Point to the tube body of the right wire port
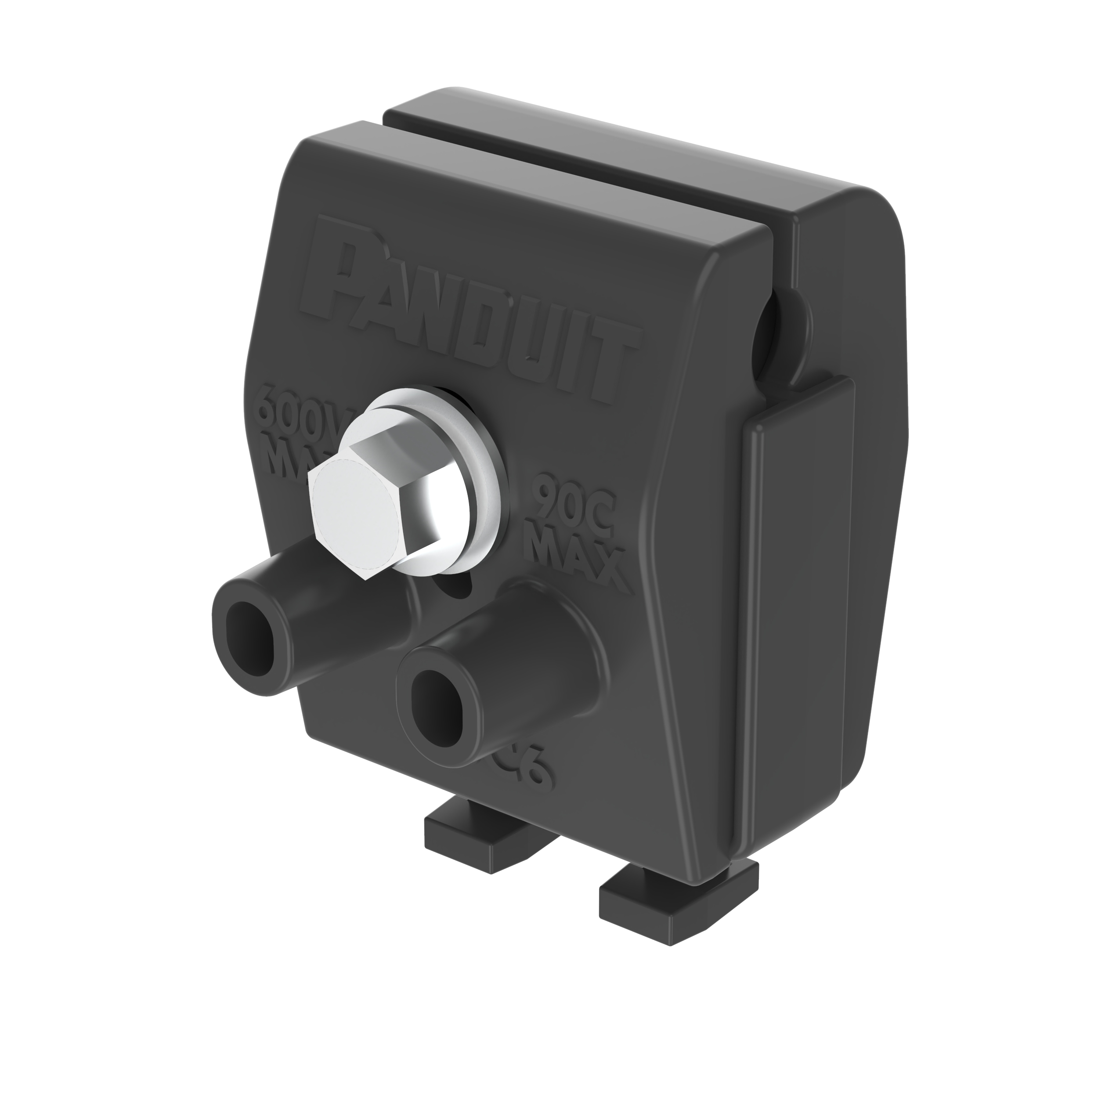512,642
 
